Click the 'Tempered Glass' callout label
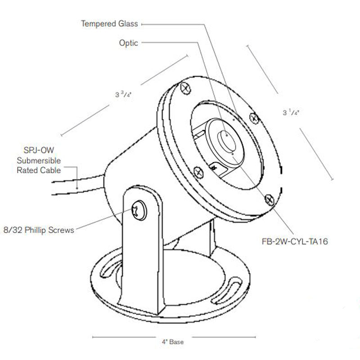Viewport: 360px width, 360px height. [x=109, y=23]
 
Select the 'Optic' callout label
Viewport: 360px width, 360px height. [x=129, y=43]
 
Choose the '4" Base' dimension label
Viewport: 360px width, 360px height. [x=173, y=342]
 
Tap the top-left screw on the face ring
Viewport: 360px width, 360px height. [x=184, y=89]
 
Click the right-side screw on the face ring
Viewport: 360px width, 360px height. [x=254, y=118]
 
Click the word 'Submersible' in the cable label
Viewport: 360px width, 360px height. [x=39, y=161]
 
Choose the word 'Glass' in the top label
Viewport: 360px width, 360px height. [x=128, y=23]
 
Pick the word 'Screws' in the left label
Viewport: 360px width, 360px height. [x=63, y=230]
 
